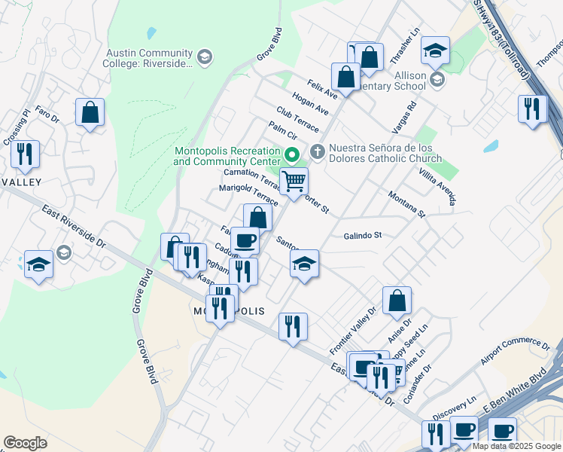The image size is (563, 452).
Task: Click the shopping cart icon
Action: click(x=294, y=181)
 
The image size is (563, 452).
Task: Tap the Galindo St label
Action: click(x=363, y=235)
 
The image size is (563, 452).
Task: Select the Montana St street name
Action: click(x=406, y=204)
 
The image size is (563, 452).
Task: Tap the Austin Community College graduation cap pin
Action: click(x=204, y=57)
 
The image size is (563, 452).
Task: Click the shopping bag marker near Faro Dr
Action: click(x=90, y=113)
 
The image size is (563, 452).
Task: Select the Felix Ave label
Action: click(x=322, y=88)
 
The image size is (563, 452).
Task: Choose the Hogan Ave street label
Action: click(x=311, y=105)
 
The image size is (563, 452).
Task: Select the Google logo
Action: click(x=25, y=443)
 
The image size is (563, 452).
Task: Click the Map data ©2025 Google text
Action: click(x=516, y=446)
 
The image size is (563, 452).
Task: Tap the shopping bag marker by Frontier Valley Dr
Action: click(x=397, y=301)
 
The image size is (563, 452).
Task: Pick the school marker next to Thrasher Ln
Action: click(x=435, y=50)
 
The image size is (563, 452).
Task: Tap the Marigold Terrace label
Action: click(x=248, y=194)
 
